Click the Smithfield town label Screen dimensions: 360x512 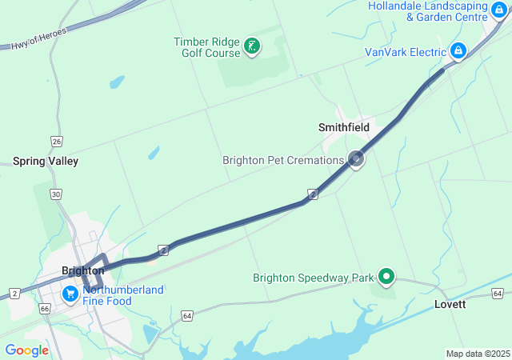coord(344,127)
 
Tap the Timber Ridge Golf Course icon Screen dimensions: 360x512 coord(252,46)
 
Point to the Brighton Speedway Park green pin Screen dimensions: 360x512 coord(386,277)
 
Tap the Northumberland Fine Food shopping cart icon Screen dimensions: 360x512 coord(70,294)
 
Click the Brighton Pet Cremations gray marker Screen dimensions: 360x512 coord(356,159)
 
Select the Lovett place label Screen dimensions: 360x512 coord(450,305)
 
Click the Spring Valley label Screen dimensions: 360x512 coord(46,161)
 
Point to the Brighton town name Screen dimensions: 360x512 coord(82,270)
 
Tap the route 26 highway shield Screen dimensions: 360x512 coord(56,142)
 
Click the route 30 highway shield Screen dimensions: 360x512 coord(55,194)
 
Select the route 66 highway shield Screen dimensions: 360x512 coord(44,308)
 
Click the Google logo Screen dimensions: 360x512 coord(26,350)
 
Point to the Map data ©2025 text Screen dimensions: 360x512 coord(478,354)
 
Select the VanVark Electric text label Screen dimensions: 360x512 coord(405,52)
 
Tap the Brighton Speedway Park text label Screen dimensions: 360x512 coord(314,278)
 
